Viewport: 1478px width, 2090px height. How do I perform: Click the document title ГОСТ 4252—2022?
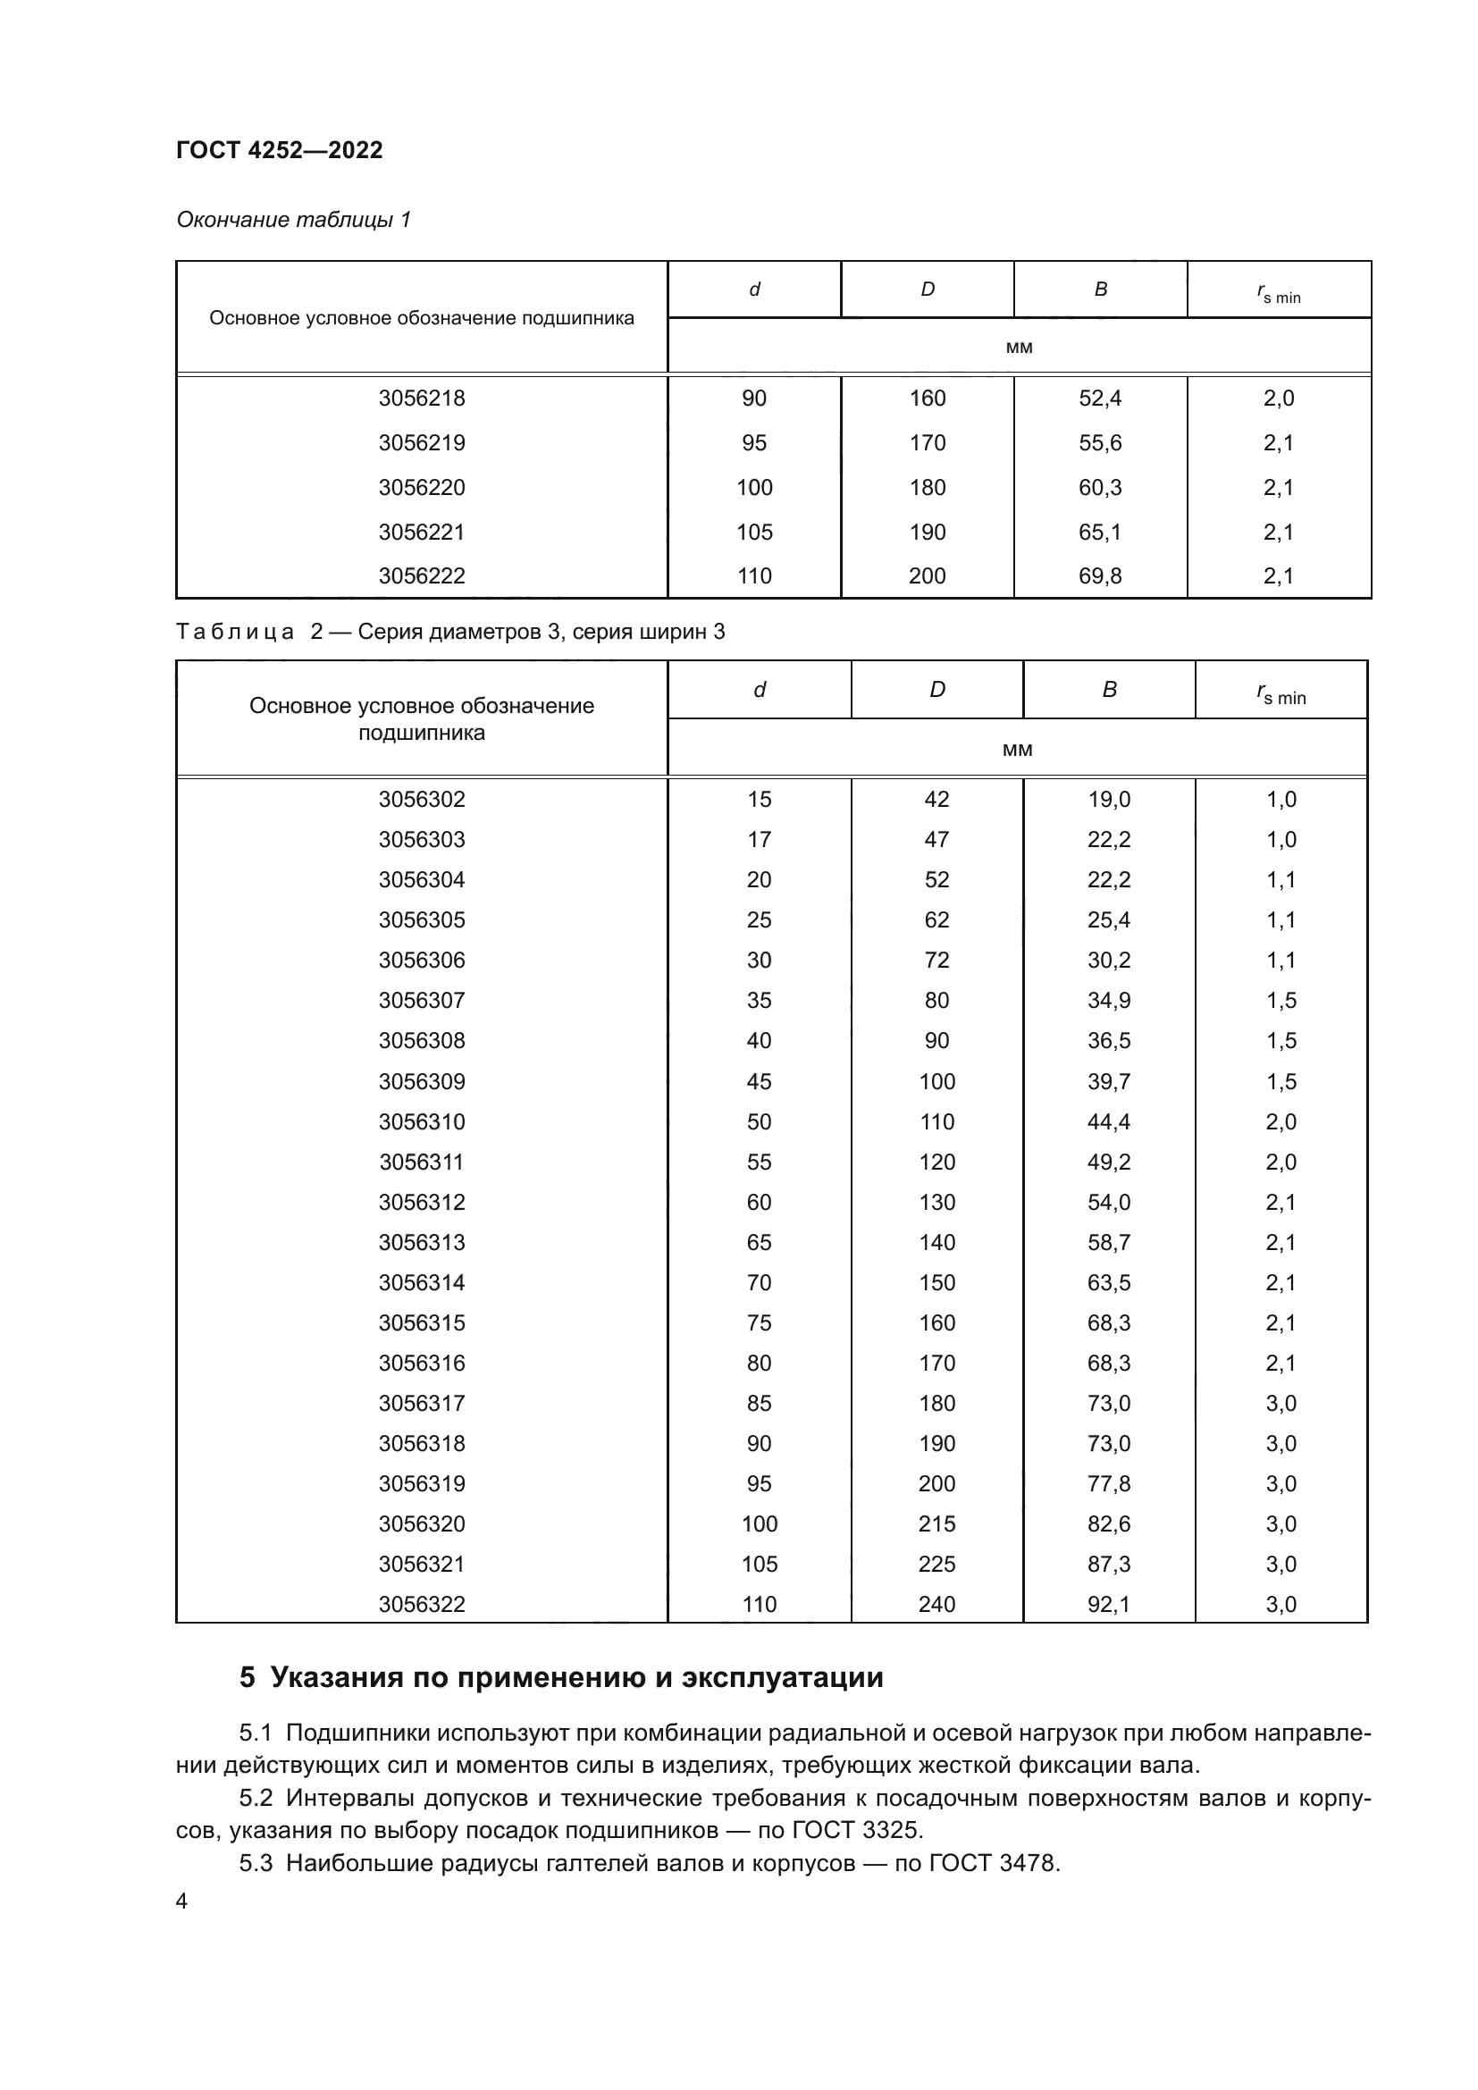point(280,150)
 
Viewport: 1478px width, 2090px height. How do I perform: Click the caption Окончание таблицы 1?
point(293,220)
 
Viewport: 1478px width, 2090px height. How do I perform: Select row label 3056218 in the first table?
point(422,398)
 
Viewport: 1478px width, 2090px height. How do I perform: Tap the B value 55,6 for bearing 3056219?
point(1099,442)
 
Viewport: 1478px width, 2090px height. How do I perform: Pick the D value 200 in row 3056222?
point(927,575)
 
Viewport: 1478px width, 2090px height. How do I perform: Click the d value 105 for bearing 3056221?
point(753,532)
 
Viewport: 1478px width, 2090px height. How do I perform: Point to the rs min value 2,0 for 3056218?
point(1278,398)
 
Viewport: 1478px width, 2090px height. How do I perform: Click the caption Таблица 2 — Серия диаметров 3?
point(449,631)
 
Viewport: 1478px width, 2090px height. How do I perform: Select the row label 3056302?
point(422,799)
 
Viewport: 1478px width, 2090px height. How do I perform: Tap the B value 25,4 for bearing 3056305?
point(1107,919)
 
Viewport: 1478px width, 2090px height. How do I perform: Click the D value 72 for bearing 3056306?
point(936,960)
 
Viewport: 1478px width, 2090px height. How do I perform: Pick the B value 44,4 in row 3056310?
point(1107,1121)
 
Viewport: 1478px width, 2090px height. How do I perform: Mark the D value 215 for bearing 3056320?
point(936,1523)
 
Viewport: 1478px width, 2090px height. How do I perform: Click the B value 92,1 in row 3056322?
point(1107,1604)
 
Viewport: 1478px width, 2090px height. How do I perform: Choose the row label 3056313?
point(422,1242)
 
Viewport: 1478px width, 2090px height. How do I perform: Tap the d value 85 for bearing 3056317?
point(758,1403)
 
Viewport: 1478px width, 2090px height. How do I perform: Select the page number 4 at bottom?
point(181,1901)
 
